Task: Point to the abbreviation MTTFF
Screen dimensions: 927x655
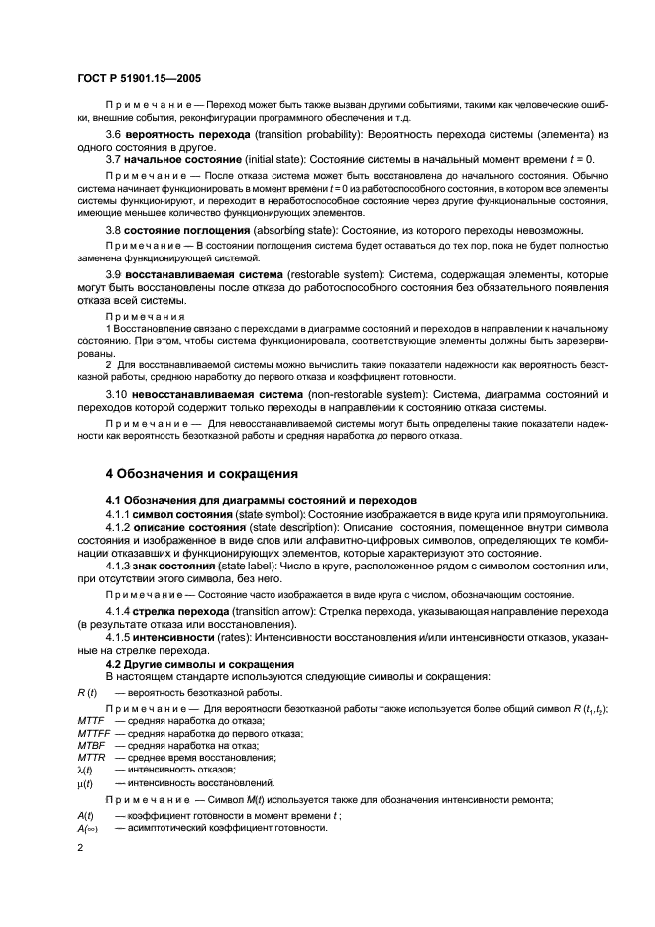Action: tap(94, 733)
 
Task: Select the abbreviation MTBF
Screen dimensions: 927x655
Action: tap(91, 745)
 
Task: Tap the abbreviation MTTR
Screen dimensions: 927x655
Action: tap(91, 757)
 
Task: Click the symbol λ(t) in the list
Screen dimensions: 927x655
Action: tap(84, 769)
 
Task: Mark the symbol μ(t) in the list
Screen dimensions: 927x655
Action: tap(84, 782)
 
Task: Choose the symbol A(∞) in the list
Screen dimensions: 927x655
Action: tap(86, 826)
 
